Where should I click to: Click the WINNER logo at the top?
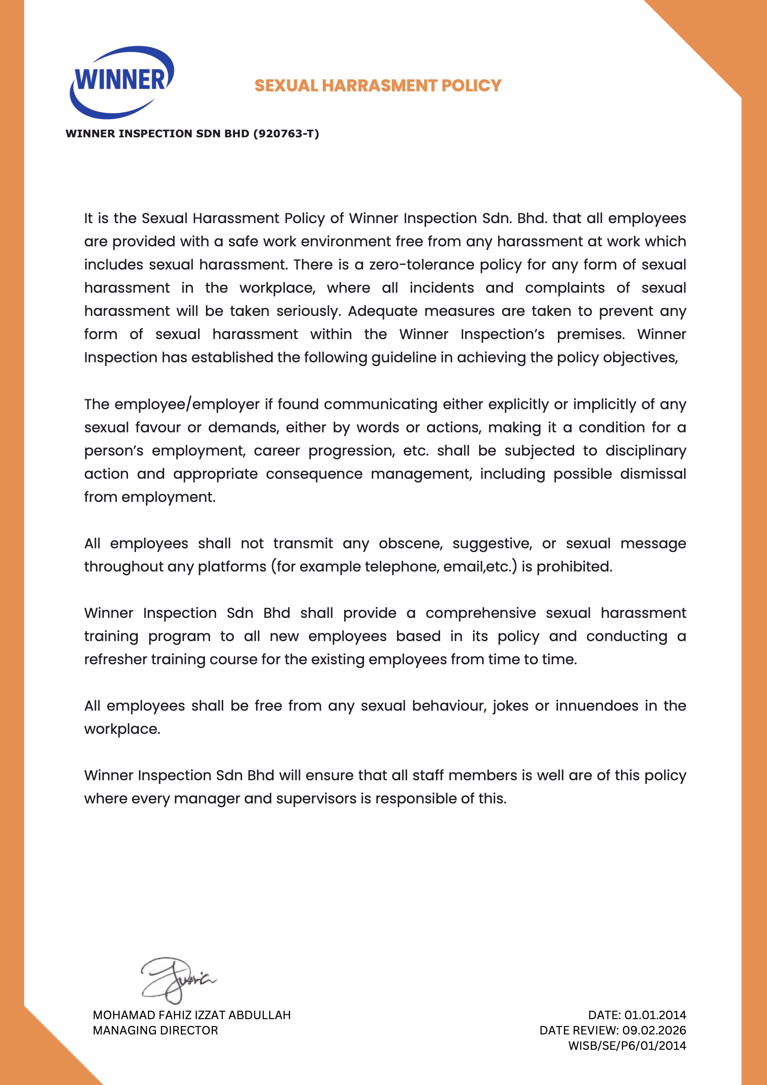click(x=122, y=81)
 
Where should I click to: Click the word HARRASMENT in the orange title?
click(x=380, y=85)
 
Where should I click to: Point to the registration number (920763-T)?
click(x=286, y=134)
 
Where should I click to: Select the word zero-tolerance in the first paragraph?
click(x=421, y=264)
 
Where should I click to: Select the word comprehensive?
click(x=480, y=613)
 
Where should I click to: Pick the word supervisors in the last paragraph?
click(x=316, y=799)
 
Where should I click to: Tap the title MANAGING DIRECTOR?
click(x=155, y=1031)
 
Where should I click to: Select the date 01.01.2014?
click(x=655, y=1015)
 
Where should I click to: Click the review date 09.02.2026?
click(x=654, y=1031)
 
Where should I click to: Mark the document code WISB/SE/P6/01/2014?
click(x=627, y=1046)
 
